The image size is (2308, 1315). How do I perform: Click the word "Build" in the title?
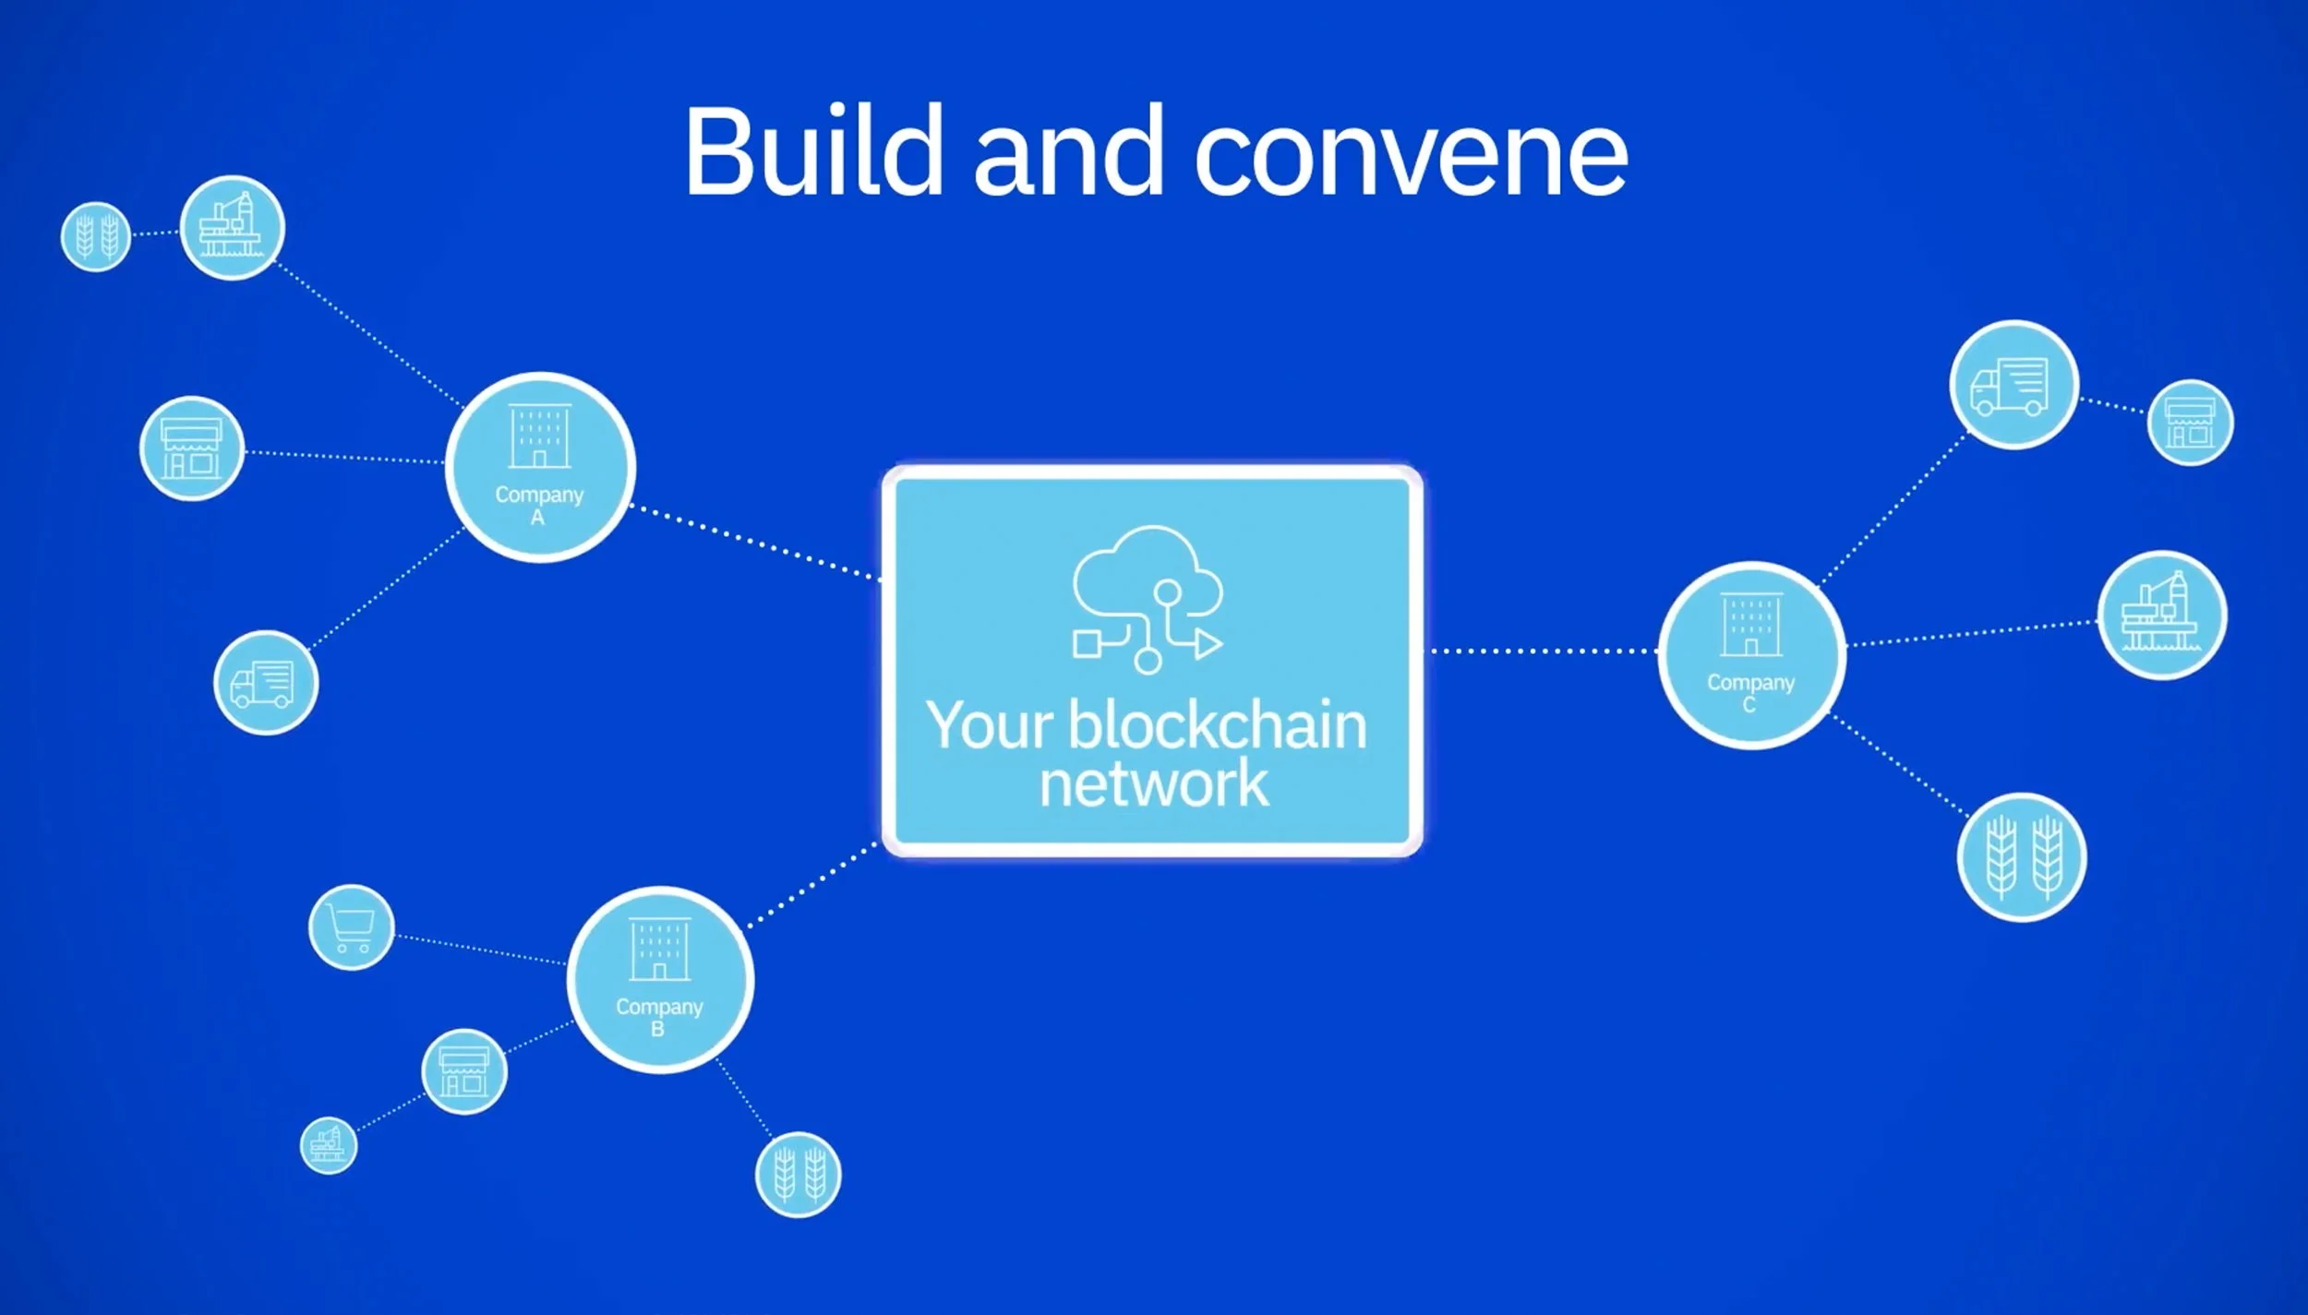pyautogui.click(x=812, y=152)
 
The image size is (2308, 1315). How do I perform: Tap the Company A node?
pyautogui.click(x=540, y=467)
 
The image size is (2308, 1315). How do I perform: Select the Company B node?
pyautogui.click(x=660, y=979)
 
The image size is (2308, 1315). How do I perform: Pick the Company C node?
pyautogui.click(x=1751, y=654)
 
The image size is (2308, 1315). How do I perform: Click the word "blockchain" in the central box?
pyautogui.click(x=1217, y=726)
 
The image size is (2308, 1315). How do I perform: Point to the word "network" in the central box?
pyautogui.click(x=1154, y=784)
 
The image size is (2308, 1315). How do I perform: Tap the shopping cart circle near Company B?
pyautogui.click(x=351, y=926)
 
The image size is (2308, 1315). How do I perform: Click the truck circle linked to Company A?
pyautogui.click(x=266, y=683)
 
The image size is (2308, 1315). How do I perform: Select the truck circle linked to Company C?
pyautogui.click(x=2013, y=385)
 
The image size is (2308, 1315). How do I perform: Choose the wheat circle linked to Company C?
pyautogui.click(x=2022, y=857)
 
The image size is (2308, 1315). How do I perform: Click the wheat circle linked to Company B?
pyautogui.click(x=798, y=1175)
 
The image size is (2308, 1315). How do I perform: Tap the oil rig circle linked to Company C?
pyautogui.click(x=2162, y=616)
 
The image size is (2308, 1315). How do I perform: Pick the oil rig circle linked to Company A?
pyautogui.click(x=232, y=227)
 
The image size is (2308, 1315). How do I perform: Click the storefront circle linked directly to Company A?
pyautogui.click(x=192, y=448)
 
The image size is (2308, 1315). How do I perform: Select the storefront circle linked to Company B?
pyautogui.click(x=463, y=1071)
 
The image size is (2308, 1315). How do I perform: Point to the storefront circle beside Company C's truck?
pyautogui.click(x=2190, y=423)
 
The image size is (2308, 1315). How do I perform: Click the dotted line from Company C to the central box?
pyautogui.click(x=1542, y=652)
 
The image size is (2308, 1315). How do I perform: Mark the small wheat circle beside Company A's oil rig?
pyautogui.click(x=96, y=236)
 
